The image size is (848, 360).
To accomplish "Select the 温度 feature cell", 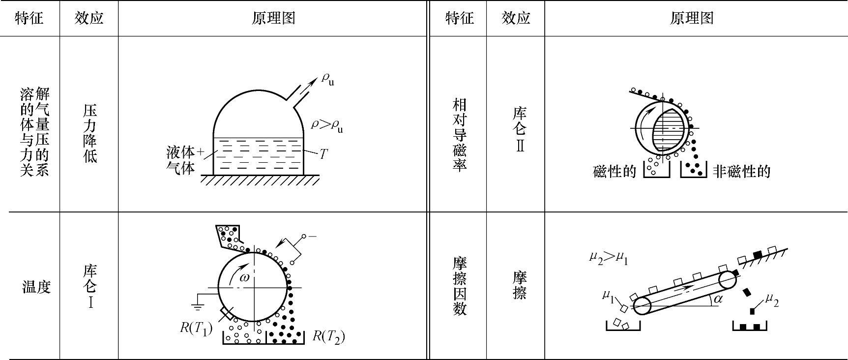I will (x=36, y=287).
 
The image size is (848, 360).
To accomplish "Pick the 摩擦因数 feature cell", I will (x=459, y=286).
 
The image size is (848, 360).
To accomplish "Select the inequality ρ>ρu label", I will (x=327, y=125).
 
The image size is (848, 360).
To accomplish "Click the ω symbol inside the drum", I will (x=244, y=277).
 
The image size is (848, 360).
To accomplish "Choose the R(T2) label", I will (x=328, y=336).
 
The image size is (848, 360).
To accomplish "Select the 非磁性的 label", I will (x=741, y=172).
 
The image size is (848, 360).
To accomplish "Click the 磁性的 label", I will (x=614, y=172).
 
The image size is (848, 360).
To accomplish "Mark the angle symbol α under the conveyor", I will (x=718, y=299).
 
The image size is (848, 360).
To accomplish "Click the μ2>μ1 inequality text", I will (x=608, y=257).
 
